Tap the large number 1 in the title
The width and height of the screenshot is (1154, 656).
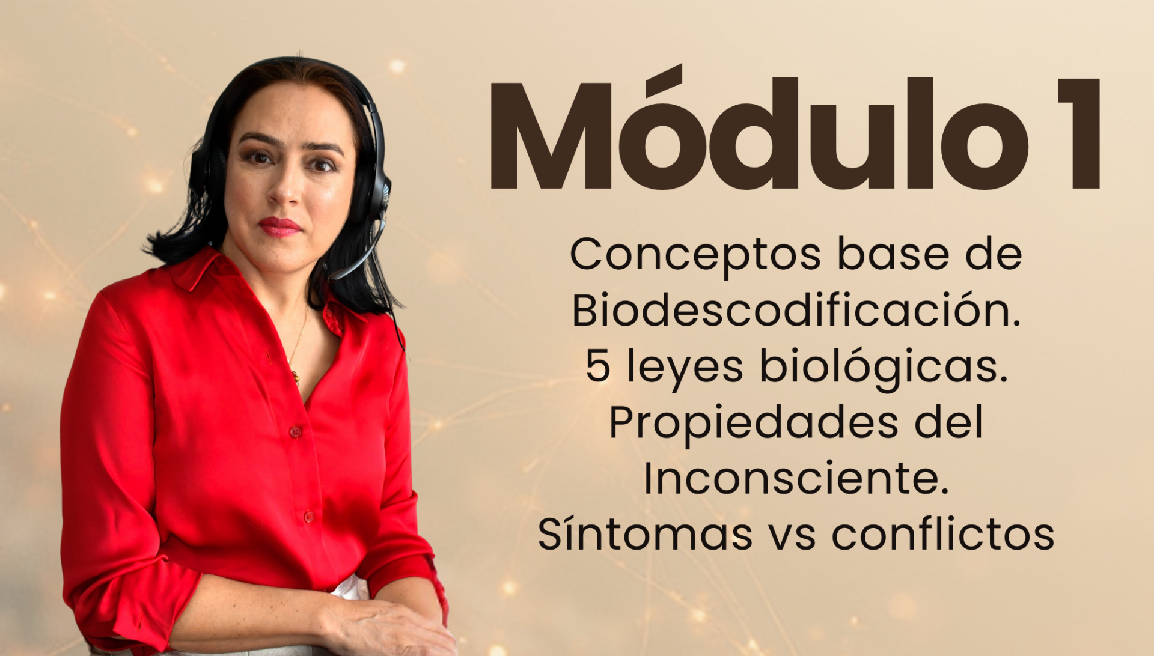1079,133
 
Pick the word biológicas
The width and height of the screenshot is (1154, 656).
884,366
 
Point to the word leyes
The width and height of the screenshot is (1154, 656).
685,368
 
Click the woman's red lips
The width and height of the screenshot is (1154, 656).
279,226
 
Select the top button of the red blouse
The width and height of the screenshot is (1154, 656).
295,431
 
